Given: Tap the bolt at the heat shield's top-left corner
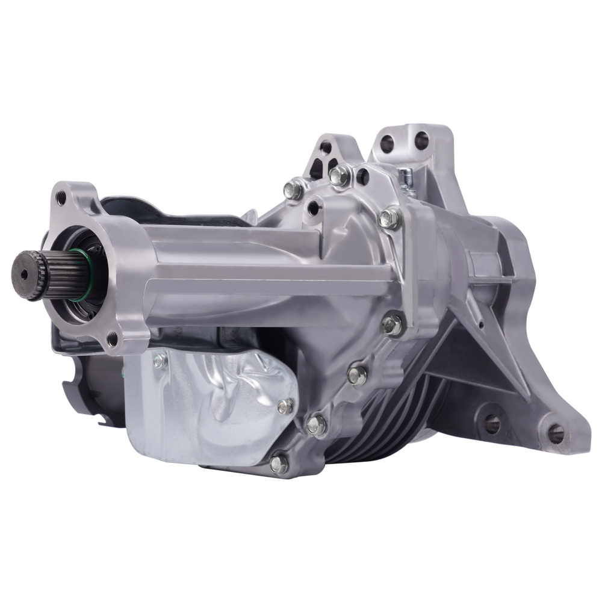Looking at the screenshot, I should tap(159, 361).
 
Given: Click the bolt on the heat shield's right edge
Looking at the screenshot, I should tap(285, 406).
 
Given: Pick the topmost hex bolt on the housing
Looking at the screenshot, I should tap(339, 175).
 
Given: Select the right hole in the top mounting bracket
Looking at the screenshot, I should tap(422, 140).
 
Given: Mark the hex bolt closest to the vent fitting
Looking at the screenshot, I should tap(390, 219).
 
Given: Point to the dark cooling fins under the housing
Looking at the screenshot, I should tap(385, 421).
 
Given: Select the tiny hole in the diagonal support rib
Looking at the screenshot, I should tap(481, 326).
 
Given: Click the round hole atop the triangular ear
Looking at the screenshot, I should tap(326, 146).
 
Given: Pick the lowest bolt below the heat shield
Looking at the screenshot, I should tap(279, 463).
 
